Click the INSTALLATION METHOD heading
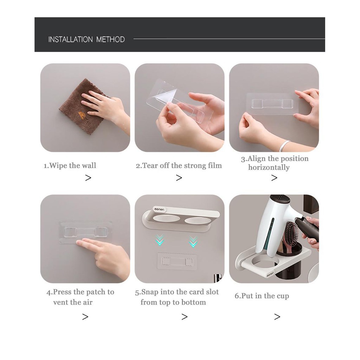pyautogui.click(x=86, y=39)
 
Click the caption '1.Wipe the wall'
pyautogui.click(x=70, y=166)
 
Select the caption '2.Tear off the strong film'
pyautogui.click(x=179, y=166)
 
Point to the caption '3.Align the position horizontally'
pyautogui.click(x=275, y=163)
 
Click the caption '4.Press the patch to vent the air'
pyautogui.click(x=80, y=297)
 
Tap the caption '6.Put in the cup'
pyautogui.click(x=262, y=296)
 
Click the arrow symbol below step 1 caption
pyautogui.click(x=88, y=178)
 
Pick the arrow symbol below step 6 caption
pyautogui.click(x=277, y=317)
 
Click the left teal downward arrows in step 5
pyautogui.click(x=160, y=240)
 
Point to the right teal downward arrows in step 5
pyautogui.click(x=193, y=242)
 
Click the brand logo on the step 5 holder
pyautogui.click(x=159, y=210)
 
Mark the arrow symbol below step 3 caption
pyautogui.click(x=274, y=178)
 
